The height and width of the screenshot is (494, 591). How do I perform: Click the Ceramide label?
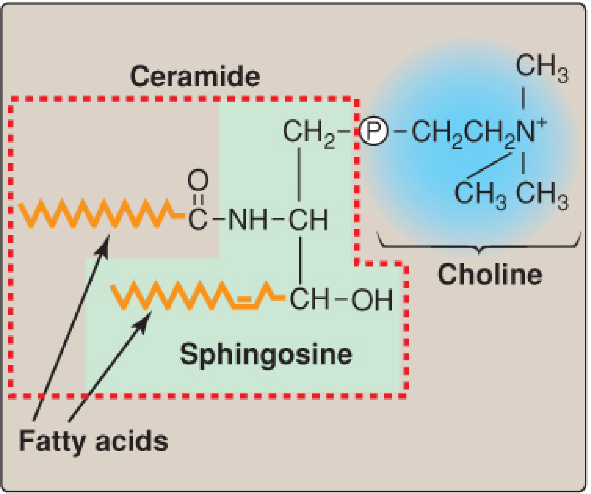click(x=195, y=76)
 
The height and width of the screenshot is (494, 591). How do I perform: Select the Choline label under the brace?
click(x=490, y=274)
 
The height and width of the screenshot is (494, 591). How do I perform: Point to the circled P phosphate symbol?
click(x=374, y=131)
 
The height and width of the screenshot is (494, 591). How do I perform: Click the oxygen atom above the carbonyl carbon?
click(x=198, y=180)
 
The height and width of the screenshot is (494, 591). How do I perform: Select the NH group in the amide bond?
click(x=248, y=219)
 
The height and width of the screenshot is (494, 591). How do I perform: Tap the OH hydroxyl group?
click(x=372, y=300)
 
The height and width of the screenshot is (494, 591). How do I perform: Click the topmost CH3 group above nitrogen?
click(x=542, y=67)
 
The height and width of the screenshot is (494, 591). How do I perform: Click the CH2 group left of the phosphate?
click(x=309, y=133)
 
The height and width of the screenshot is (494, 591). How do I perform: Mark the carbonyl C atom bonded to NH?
click(x=198, y=219)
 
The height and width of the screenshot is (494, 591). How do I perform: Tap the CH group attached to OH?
click(x=309, y=299)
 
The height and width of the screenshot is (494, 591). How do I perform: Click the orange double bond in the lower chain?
click(x=244, y=303)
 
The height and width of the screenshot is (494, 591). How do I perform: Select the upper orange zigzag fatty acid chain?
click(x=102, y=213)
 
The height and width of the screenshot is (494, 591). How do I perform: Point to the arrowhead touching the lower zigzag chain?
click(x=144, y=321)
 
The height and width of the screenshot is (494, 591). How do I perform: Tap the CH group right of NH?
click(x=308, y=219)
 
